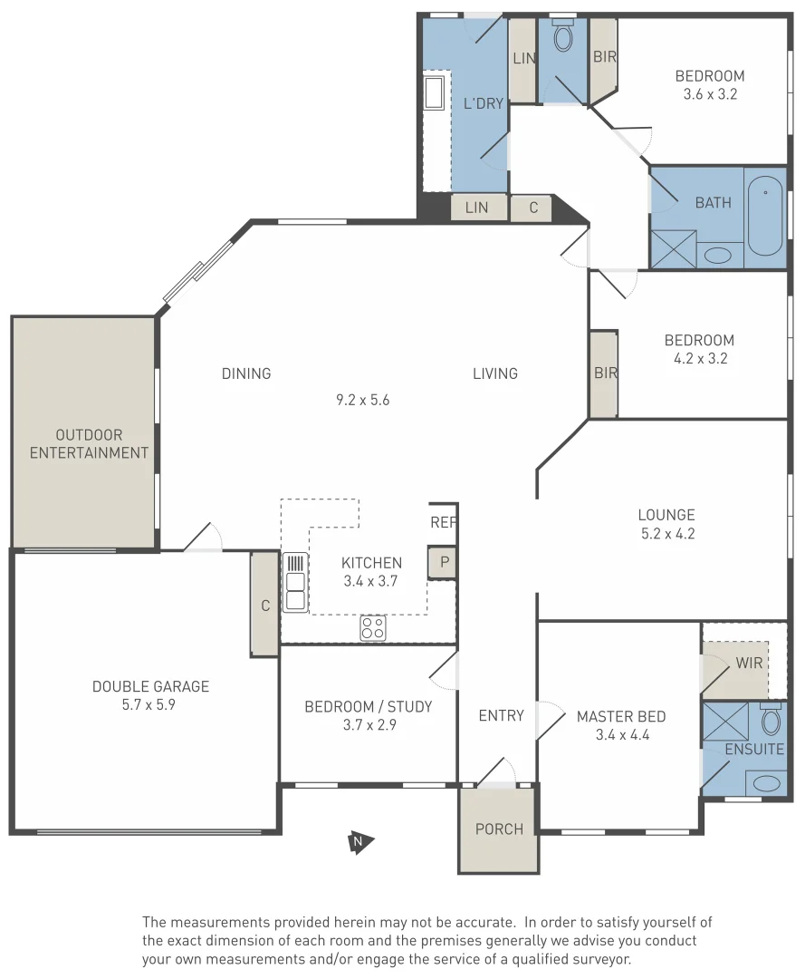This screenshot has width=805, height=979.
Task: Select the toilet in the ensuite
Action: click(x=771, y=722)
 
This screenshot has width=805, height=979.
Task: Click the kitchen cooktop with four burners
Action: click(x=373, y=627)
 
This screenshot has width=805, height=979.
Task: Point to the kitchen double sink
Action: click(x=294, y=582)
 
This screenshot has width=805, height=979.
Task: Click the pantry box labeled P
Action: click(x=443, y=562)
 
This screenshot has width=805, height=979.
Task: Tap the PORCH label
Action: click(x=499, y=829)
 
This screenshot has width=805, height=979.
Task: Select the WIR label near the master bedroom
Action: click(x=749, y=663)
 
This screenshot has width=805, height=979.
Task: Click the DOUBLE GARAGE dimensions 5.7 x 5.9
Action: click(x=149, y=703)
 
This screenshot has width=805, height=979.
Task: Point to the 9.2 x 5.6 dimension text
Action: click(x=362, y=399)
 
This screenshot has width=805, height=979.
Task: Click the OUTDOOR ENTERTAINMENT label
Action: click(x=89, y=444)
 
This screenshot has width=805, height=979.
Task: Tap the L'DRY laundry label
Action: click(x=483, y=103)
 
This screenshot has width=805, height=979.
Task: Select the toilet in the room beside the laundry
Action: click(x=562, y=39)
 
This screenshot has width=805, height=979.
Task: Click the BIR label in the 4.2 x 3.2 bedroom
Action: click(x=603, y=372)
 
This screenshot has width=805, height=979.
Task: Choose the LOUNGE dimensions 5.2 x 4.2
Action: click(x=667, y=534)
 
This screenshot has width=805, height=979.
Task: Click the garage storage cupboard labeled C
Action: click(x=264, y=605)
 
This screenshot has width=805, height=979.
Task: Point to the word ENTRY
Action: click(x=501, y=715)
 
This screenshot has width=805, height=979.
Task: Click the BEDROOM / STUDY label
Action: click(x=368, y=706)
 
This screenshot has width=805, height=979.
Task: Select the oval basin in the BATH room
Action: click(x=719, y=255)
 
